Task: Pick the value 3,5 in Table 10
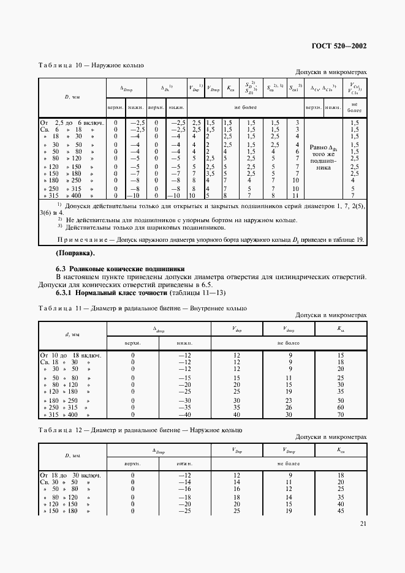[210, 173]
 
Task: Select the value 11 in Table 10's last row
[297, 195]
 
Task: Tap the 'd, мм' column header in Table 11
[72, 335]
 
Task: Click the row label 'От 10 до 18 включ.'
[70, 355]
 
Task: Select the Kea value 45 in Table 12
[341, 510]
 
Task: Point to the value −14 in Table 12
[181, 482]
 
